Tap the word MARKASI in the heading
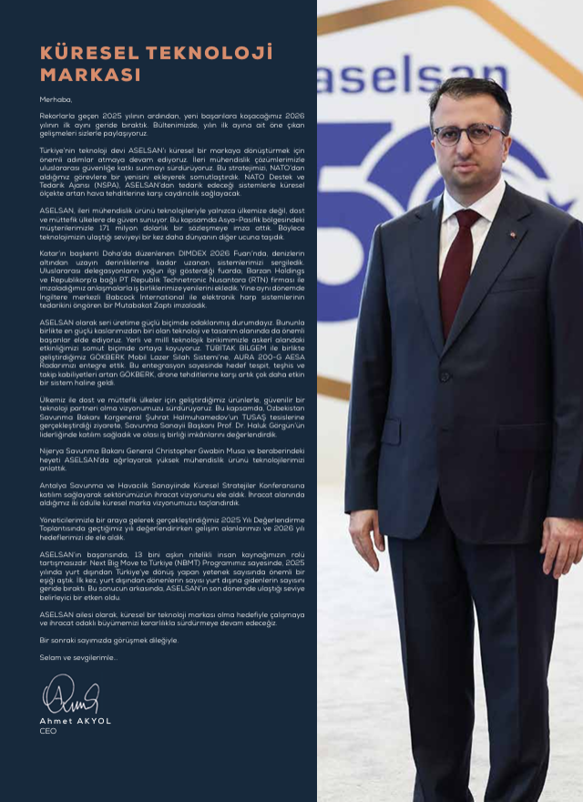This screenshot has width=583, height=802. [90, 75]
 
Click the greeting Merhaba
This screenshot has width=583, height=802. [55, 98]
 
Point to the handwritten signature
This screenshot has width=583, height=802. [70, 698]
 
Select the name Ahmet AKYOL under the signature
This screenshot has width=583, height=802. [76, 721]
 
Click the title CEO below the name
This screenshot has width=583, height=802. [48, 731]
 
